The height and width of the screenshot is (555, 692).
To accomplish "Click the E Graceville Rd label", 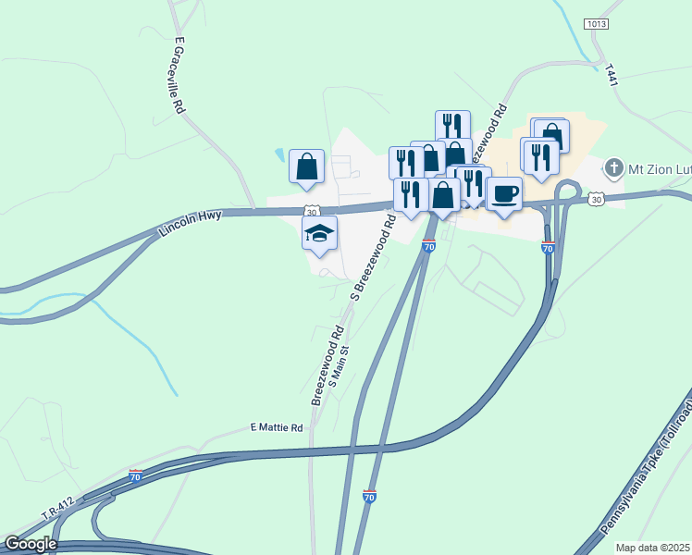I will tap(179, 76).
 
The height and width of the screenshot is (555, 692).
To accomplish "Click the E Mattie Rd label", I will tap(277, 427).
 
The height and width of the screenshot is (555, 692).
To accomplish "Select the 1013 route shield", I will tap(597, 22).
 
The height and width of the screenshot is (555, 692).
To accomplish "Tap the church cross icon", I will tap(612, 168).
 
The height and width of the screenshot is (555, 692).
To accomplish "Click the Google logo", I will tap(31, 543).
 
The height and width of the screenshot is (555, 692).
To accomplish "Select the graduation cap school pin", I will tap(319, 233).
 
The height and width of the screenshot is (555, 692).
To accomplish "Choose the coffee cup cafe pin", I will tap(504, 194).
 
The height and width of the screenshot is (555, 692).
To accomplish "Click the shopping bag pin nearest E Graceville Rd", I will tap(306, 167).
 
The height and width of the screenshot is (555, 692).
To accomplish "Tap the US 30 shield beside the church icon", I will tap(597, 200).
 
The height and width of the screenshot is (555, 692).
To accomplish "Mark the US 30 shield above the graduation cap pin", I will tap(314, 211).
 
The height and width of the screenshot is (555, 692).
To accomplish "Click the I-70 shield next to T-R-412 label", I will tap(136, 477).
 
